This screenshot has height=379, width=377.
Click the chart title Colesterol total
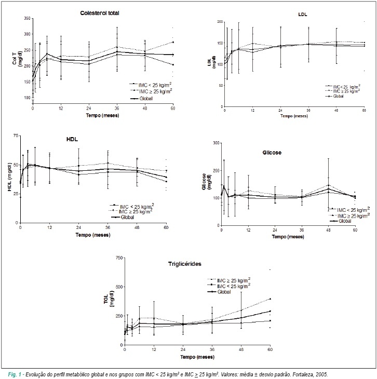(100, 13)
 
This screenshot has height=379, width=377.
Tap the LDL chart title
(303, 15)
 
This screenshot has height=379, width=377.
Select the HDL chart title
(72, 140)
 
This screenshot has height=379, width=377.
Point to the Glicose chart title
(272, 153)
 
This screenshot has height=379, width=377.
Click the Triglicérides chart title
(185, 264)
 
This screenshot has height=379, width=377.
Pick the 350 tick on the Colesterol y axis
(28, 18)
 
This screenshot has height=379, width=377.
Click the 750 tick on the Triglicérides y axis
(119, 258)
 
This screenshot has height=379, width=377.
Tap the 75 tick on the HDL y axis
(16, 136)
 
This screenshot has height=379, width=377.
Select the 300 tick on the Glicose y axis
(216, 143)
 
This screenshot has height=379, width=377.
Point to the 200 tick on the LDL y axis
(220, 22)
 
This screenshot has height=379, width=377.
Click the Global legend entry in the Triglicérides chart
(224, 292)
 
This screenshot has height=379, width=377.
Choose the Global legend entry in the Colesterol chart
(146, 99)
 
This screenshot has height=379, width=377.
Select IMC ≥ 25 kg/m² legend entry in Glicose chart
(353, 215)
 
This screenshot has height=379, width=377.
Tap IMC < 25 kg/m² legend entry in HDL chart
(137, 207)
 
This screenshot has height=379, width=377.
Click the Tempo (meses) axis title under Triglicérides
(197, 357)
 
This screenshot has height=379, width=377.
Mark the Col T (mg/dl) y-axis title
(17, 58)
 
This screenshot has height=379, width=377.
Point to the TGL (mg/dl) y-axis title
(109, 299)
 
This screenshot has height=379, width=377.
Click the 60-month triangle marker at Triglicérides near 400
(270, 299)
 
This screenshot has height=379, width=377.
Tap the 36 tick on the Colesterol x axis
(117, 109)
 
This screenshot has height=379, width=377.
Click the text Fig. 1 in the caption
(15, 375)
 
